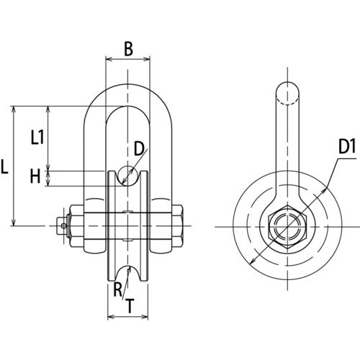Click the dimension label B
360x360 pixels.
click(x=127, y=49)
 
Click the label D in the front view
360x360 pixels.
click(x=140, y=149)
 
